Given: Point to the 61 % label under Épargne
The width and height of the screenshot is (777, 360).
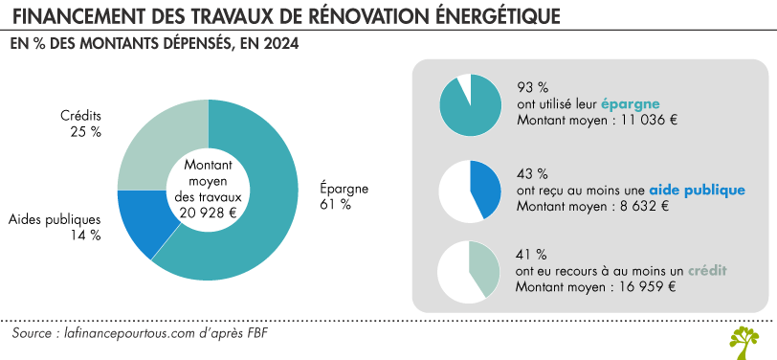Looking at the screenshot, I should pyautogui.click(x=336, y=204).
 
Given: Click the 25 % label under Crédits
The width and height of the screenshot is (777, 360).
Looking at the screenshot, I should pyautogui.click(x=85, y=132).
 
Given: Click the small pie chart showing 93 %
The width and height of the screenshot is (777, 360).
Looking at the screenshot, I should pyautogui.click(x=469, y=103).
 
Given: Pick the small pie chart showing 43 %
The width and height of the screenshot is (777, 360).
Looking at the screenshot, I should pyautogui.click(x=469, y=190).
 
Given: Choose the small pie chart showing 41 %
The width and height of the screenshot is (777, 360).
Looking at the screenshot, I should pyautogui.click(x=469, y=271).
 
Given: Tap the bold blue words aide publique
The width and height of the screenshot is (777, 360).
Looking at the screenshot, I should pyautogui.click(x=697, y=190).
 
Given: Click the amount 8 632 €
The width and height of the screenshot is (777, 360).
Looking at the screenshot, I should pyautogui.click(x=639, y=206).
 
